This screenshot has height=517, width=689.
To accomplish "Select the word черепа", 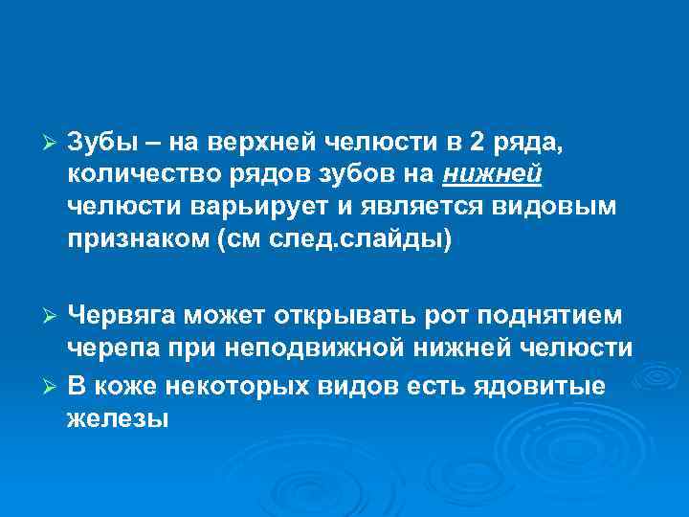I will point(108,348).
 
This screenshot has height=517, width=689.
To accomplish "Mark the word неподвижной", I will point(318,348).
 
